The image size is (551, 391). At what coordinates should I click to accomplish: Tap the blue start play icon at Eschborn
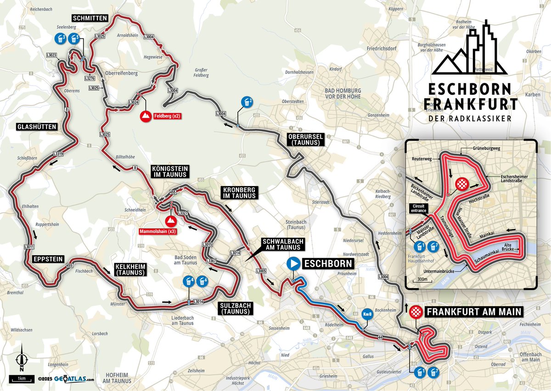click(293, 264)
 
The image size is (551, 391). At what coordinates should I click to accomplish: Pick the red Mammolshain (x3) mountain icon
click(171, 221)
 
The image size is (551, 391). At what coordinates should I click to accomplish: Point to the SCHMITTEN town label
click(90, 18)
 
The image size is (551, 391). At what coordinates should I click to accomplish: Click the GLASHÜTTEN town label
click(37, 126)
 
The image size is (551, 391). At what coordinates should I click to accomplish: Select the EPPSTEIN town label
click(48, 259)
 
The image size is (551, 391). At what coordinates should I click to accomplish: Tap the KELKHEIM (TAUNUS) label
click(129, 269)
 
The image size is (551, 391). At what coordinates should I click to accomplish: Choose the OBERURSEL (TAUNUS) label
click(306, 139)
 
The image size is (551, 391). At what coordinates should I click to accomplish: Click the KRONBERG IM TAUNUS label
click(238, 193)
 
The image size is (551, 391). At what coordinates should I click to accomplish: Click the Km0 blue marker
click(366, 314)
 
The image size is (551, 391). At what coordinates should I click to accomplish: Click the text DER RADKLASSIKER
click(470, 118)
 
